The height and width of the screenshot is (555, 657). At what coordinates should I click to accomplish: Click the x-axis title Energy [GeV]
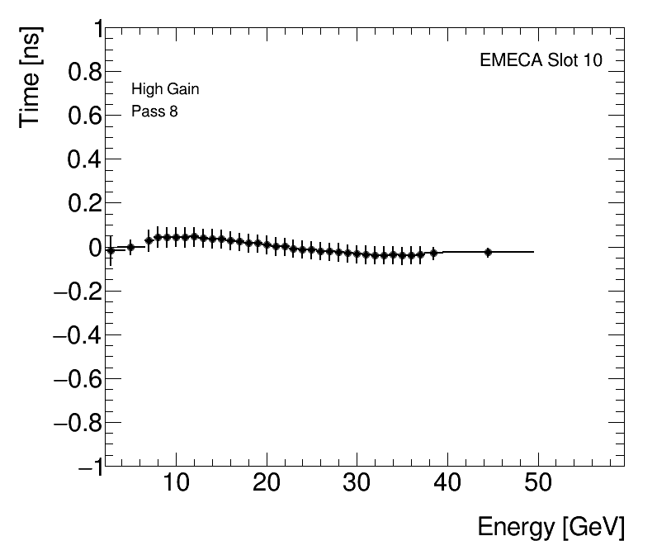(x=551, y=527)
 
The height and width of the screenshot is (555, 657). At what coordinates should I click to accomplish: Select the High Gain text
(x=165, y=89)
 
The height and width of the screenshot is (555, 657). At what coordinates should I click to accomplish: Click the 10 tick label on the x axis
(x=176, y=483)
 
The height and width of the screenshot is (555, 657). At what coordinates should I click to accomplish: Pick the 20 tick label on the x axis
(x=266, y=483)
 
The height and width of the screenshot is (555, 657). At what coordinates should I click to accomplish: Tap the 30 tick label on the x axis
(x=357, y=483)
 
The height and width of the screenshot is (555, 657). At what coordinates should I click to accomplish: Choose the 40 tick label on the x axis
(x=447, y=483)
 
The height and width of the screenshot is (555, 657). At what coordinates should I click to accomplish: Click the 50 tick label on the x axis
(x=537, y=483)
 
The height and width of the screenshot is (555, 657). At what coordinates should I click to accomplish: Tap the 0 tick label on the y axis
(x=94, y=248)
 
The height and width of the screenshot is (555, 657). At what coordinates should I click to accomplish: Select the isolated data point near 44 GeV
(x=488, y=252)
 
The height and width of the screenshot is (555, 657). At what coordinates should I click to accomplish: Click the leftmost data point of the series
(x=111, y=250)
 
